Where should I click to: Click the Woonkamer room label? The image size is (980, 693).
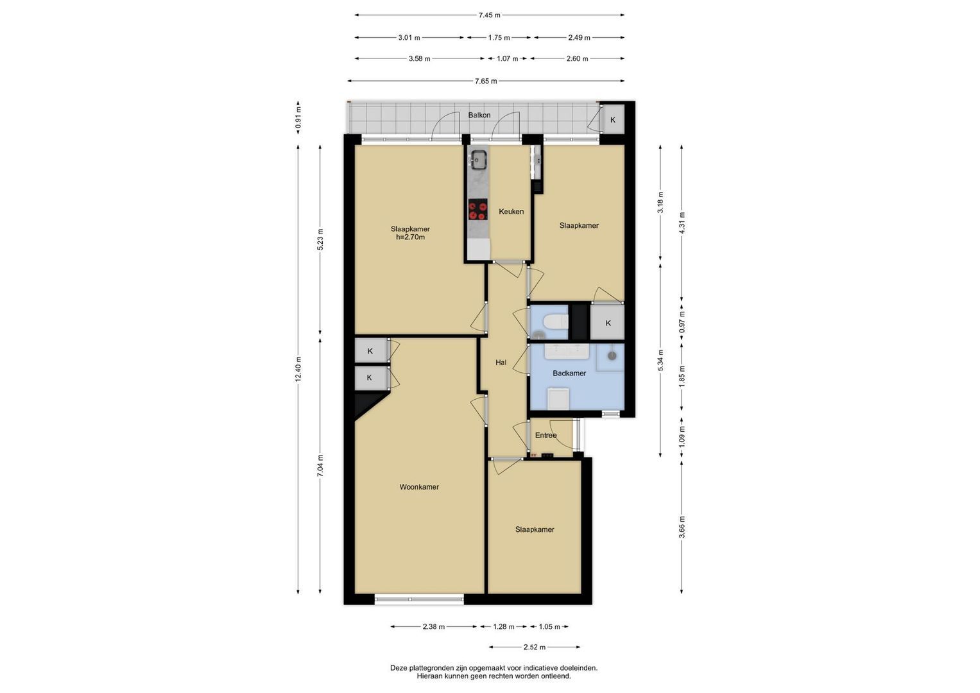418,487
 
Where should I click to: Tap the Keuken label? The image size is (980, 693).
511,212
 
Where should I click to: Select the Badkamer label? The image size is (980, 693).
569,373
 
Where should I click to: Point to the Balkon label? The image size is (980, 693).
479,115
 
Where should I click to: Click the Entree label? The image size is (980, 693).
546,435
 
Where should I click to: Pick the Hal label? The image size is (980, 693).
501,363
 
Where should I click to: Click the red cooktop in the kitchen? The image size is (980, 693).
477,210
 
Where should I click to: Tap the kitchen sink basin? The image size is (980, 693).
478,159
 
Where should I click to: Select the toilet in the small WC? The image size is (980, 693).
554,322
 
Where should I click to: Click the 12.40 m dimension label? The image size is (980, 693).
298,370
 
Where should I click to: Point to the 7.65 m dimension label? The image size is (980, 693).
486,81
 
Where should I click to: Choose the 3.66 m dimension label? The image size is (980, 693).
682,527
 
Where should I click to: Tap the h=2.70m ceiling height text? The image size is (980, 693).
410,237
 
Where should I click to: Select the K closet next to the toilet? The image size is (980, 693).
608,323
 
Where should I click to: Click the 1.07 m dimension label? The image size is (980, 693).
507,58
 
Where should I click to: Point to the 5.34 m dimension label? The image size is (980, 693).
660,361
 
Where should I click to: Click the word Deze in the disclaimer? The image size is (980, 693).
399,668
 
